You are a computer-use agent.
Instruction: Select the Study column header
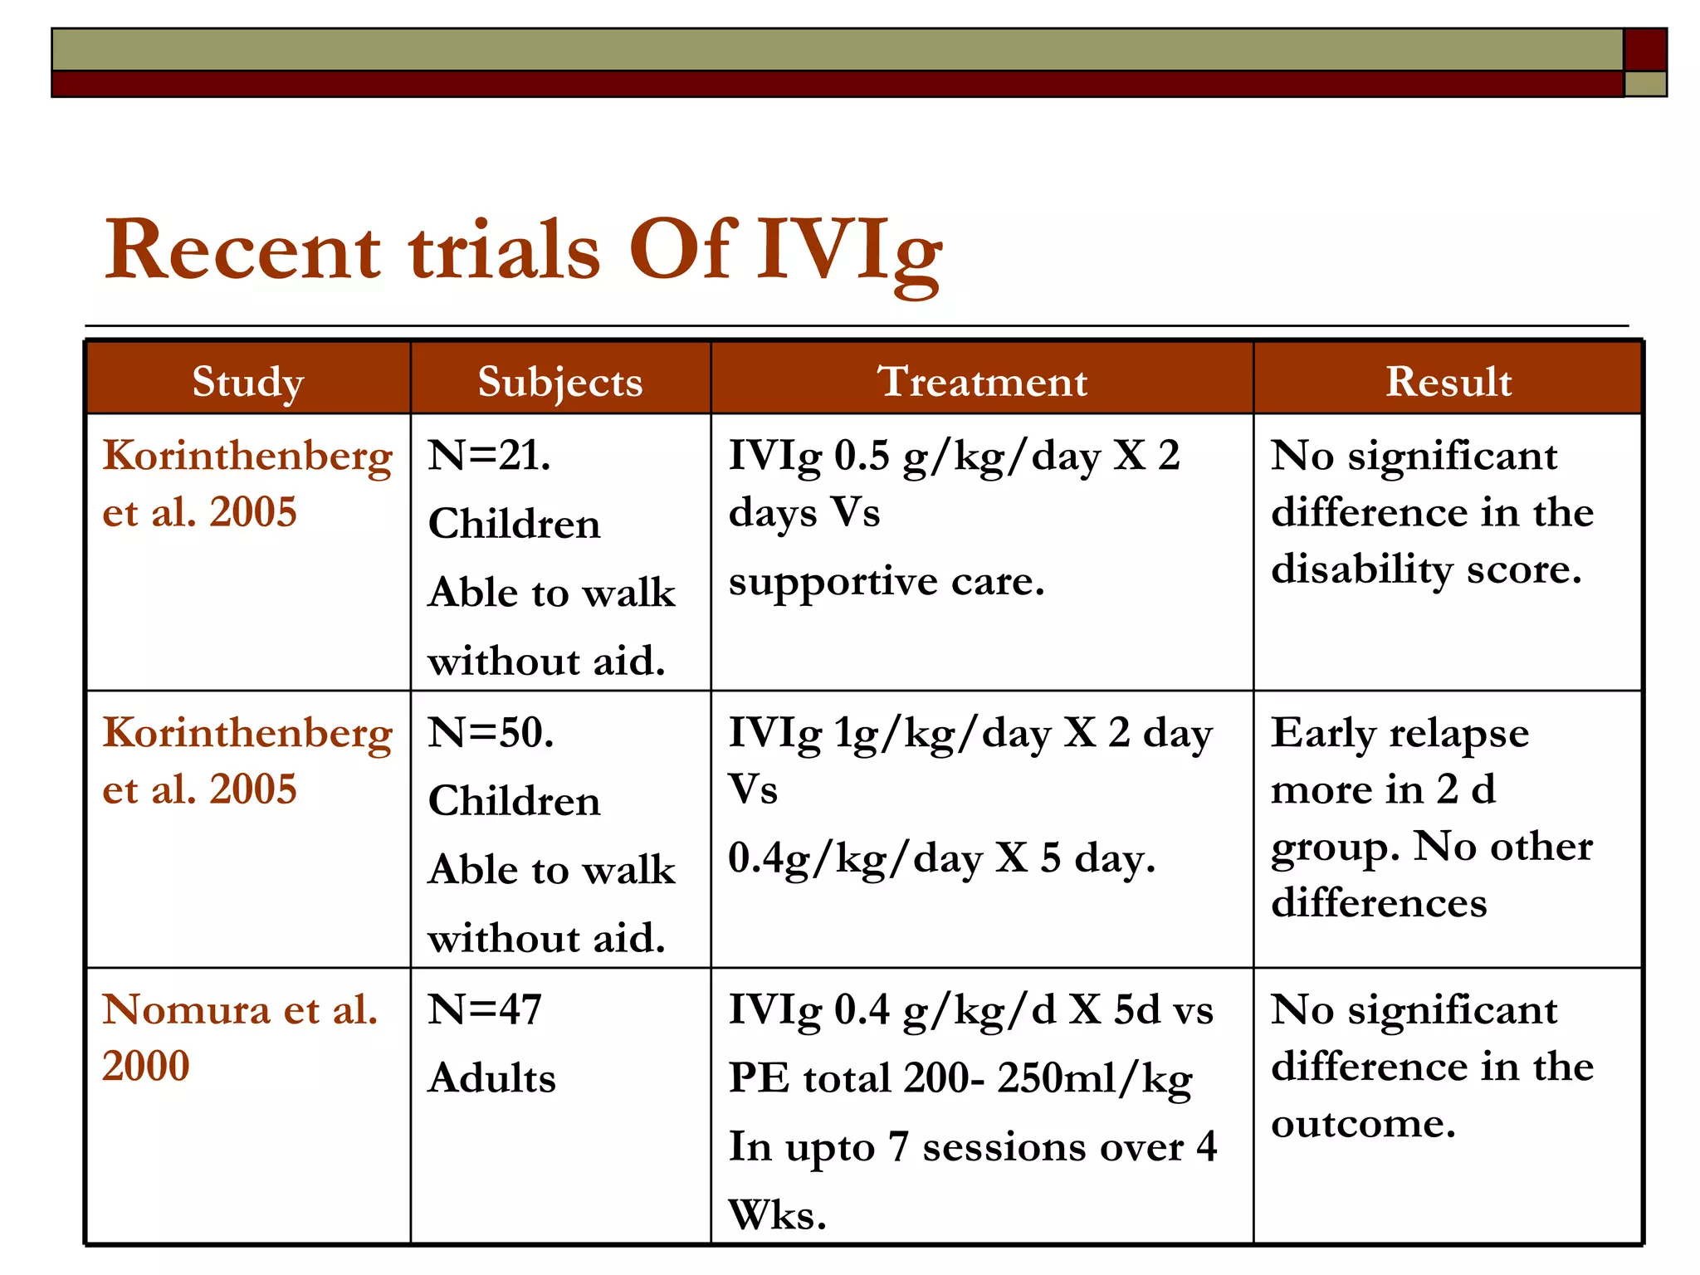pyautogui.click(x=248, y=382)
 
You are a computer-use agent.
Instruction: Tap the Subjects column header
pyautogui.click(x=560, y=382)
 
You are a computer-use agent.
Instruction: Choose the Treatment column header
pyautogui.click(x=982, y=382)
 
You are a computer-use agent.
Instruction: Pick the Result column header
pyautogui.click(x=1448, y=382)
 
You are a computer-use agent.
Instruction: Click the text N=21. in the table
pyautogui.click(x=489, y=456)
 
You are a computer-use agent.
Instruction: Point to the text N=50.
pyautogui.click(x=491, y=733)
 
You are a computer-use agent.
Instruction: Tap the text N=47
pyautogui.click(x=485, y=1010)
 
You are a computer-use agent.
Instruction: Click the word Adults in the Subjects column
pyautogui.click(x=492, y=1078)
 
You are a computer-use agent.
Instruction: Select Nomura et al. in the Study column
pyautogui.click(x=240, y=1010)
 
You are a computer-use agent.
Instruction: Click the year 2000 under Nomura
pyautogui.click(x=146, y=1066)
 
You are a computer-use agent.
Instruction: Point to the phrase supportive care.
pyautogui.click(x=886, y=581)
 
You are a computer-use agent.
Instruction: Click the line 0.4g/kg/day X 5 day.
pyautogui.click(x=941, y=858)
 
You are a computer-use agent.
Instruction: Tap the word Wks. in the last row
pyautogui.click(x=777, y=1215)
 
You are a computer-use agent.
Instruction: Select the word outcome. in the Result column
pyautogui.click(x=1363, y=1124)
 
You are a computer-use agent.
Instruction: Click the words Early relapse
pyautogui.click(x=1400, y=733)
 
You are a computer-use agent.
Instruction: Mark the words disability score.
pyautogui.click(x=1426, y=569)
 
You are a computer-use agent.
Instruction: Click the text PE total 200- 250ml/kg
pyautogui.click(x=960, y=1078)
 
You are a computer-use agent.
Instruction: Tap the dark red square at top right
pyautogui.click(x=1644, y=50)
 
